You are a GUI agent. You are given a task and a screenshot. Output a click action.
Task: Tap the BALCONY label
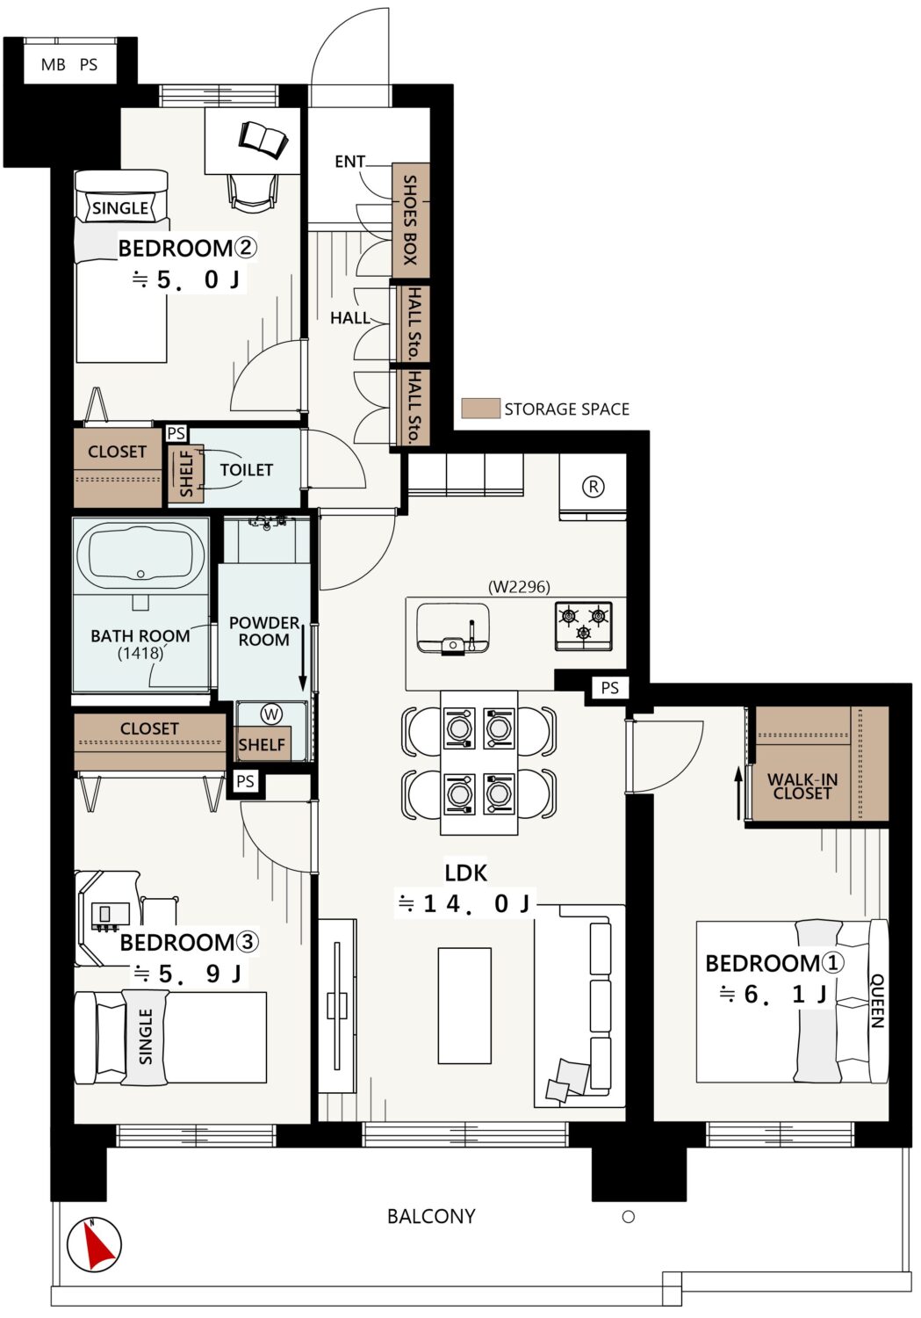pyautogui.click(x=431, y=1216)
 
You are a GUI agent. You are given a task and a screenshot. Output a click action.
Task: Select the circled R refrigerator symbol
pyautogui.click(x=593, y=487)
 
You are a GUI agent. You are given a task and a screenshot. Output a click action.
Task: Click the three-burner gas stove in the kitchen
pyautogui.click(x=583, y=626)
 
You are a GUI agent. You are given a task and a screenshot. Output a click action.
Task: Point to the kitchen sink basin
pyautogui.click(x=452, y=627)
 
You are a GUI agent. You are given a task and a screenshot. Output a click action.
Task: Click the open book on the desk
pyautogui.click(x=263, y=140)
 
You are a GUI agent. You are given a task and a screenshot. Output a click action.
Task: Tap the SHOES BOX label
pyautogui.click(x=410, y=220)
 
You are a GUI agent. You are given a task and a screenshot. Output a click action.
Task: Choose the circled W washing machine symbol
pyautogui.click(x=271, y=714)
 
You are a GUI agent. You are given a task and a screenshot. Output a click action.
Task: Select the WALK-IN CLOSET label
pyautogui.click(x=802, y=786)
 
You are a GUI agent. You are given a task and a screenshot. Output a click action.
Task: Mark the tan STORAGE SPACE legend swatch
pyautogui.click(x=480, y=409)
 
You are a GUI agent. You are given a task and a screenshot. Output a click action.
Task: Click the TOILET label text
pyautogui.click(x=246, y=469)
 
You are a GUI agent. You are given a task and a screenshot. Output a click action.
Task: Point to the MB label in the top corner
pyautogui.click(x=53, y=65)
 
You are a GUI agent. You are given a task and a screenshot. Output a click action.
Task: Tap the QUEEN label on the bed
pyautogui.click(x=877, y=1000)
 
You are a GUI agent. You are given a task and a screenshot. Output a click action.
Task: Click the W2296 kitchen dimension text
pyautogui.click(x=519, y=587)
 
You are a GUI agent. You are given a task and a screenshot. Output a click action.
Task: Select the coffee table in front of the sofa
pyautogui.click(x=464, y=1005)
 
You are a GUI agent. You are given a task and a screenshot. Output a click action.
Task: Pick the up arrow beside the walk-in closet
pyautogui.click(x=738, y=793)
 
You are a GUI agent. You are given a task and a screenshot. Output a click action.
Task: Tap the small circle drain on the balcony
pyautogui.click(x=629, y=1217)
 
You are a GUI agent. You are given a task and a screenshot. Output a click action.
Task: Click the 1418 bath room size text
pyautogui.click(x=140, y=653)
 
